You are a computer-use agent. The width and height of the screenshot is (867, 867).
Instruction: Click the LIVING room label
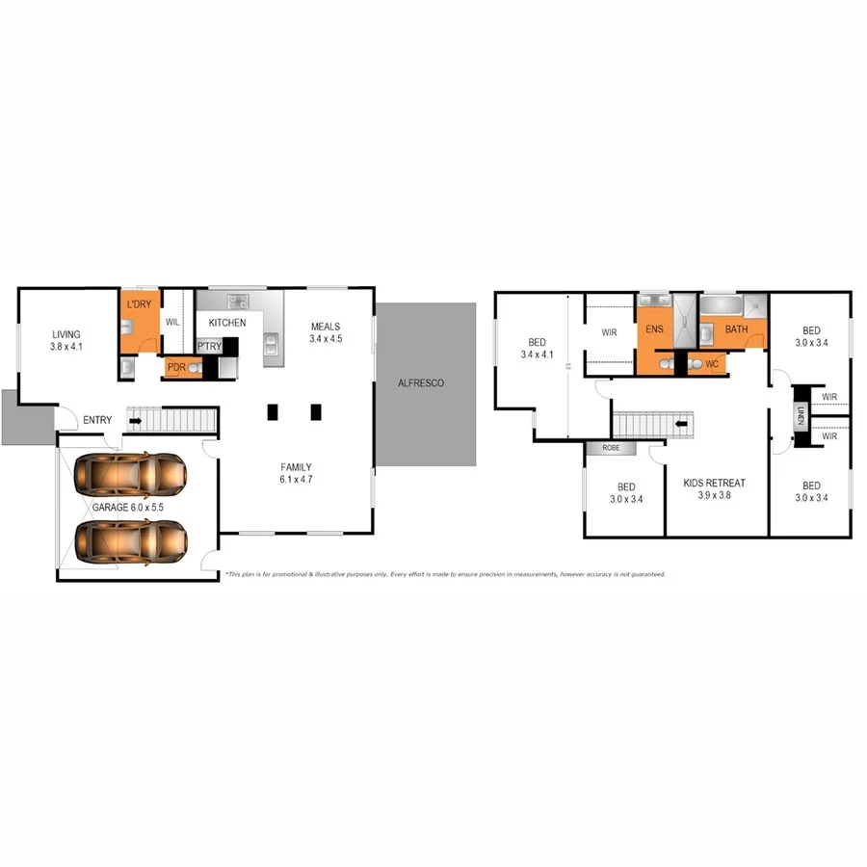tap(66, 335)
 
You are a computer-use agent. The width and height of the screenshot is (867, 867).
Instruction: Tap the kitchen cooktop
tap(237, 299)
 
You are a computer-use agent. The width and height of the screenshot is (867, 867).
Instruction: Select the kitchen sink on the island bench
tap(272, 340)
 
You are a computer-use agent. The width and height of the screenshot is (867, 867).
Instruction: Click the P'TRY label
tap(209, 346)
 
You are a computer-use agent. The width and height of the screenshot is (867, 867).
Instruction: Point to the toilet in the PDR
tap(197, 368)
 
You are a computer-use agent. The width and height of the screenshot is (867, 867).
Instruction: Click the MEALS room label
tap(325, 326)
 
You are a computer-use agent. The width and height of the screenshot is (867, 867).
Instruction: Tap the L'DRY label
tap(139, 304)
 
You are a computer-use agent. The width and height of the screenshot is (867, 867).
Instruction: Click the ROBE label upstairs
tap(611, 448)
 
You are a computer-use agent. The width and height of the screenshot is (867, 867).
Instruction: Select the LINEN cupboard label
tap(801, 415)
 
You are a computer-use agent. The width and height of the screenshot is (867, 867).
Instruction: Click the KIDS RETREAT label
tap(714, 483)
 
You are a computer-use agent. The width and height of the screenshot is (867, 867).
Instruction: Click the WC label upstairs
tap(712, 364)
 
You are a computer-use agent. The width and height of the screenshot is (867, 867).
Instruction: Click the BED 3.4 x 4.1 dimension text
tap(538, 355)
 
